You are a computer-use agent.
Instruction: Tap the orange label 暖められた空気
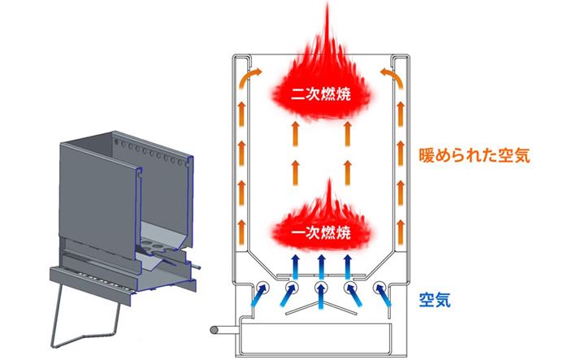[475, 154]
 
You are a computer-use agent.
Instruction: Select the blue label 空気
[436, 299]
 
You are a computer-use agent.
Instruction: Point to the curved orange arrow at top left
[249, 77]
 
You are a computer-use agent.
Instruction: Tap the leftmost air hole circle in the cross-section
[262, 288]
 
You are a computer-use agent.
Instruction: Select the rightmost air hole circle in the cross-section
[379, 288]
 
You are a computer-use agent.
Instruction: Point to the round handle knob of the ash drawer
[214, 331]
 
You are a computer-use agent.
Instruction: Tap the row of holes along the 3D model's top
[150, 152]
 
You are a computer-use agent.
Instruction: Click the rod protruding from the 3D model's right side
[197, 264]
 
